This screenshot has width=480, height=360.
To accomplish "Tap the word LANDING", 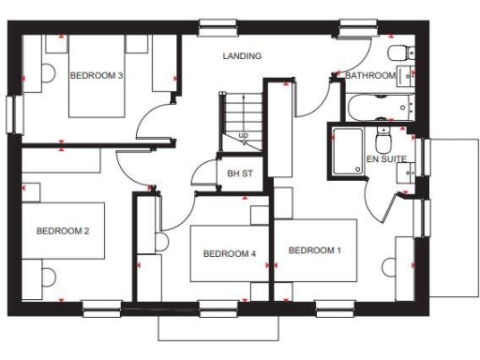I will tap(242, 56).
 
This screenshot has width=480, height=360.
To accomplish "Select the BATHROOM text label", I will tap(370, 75).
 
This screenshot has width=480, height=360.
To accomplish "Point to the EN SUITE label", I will tap(386, 159).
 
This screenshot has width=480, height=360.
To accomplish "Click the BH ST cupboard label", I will tap(241, 173).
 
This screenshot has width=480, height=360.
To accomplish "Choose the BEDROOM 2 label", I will tap(62, 231).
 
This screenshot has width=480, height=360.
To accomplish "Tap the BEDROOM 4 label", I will tap(229, 254).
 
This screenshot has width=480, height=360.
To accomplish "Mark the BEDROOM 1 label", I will tap(315, 250).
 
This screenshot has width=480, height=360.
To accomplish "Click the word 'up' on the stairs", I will tap(244, 136).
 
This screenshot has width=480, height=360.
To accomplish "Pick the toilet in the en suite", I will tap(382, 142).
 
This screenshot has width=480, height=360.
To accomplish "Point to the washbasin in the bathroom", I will tap(406, 75).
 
